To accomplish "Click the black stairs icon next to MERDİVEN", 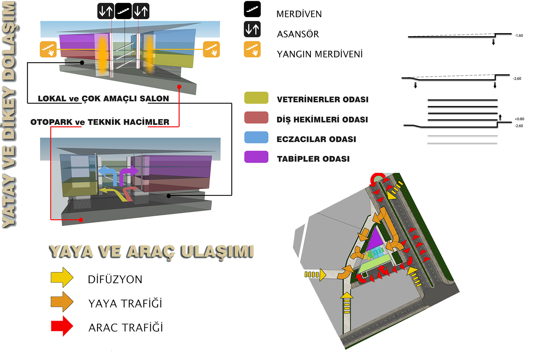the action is [x=252, y=9].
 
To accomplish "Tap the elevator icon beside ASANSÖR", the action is [x=252, y=29].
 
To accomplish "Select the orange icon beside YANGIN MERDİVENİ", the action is [x=252, y=49].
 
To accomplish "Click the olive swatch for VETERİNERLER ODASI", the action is [x=256, y=98].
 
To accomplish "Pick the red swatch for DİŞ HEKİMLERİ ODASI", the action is [x=256, y=118].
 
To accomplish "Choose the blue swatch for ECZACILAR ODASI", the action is [x=256, y=137].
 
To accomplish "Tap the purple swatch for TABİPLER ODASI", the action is [x=256, y=157].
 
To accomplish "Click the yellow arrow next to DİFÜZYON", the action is [x=62, y=278].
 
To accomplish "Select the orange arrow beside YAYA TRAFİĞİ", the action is [x=62, y=302].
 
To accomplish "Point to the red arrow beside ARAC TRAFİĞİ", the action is [x=62, y=326].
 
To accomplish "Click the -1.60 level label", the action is [x=519, y=36].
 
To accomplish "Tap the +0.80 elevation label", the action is [x=519, y=119].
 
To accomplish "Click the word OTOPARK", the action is [x=51, y=122].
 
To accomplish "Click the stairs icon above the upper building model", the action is [x=124, y=11].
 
